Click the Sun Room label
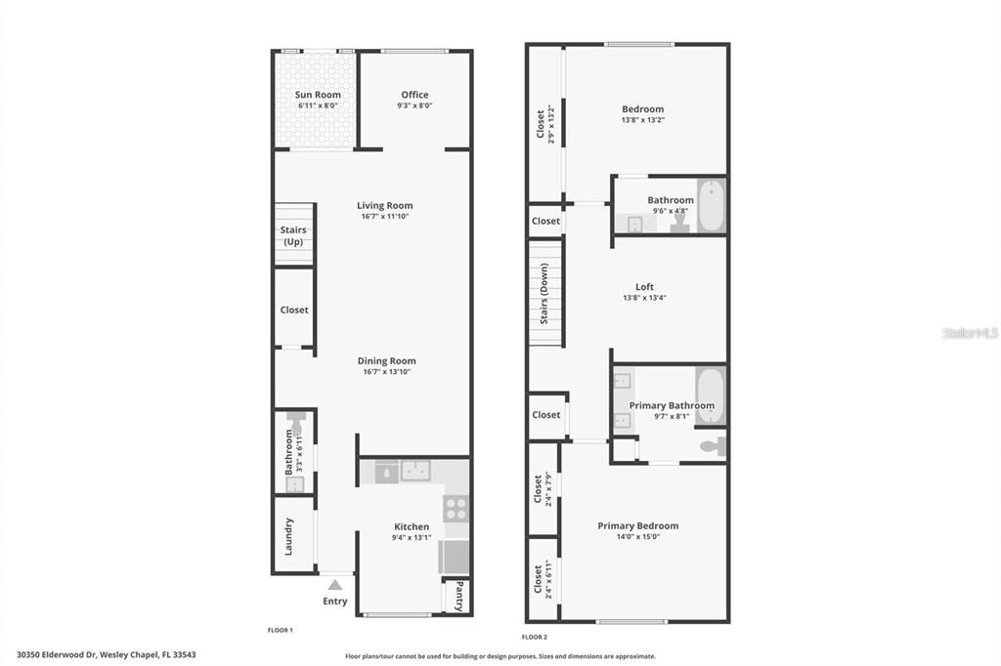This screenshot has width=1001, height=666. click(x=318, y=95)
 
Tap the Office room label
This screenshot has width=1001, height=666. click(x=414, y=95)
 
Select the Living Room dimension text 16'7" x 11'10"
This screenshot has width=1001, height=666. click(x=384, y=217)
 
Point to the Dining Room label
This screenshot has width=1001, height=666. click(x=386, y=361)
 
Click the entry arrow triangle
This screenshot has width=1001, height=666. click(x=334, y=584)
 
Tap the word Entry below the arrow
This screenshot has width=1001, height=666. click(x=335, y=602)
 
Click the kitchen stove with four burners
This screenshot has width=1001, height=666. click(x=456, y=508)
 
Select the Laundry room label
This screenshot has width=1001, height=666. click(x=288, y=536)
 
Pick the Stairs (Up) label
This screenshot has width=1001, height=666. click(x=293, y=235)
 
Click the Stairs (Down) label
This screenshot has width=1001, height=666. click(x=544, y=293)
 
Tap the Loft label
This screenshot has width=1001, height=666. click(x=644, y=287)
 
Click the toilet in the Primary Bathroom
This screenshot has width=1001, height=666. click(x=713, y=447)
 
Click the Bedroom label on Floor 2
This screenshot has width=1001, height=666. click(x=642, y=109)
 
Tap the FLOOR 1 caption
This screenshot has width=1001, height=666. click(x=281, y=630)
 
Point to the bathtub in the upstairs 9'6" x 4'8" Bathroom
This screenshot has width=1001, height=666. click(x=710, y=205)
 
